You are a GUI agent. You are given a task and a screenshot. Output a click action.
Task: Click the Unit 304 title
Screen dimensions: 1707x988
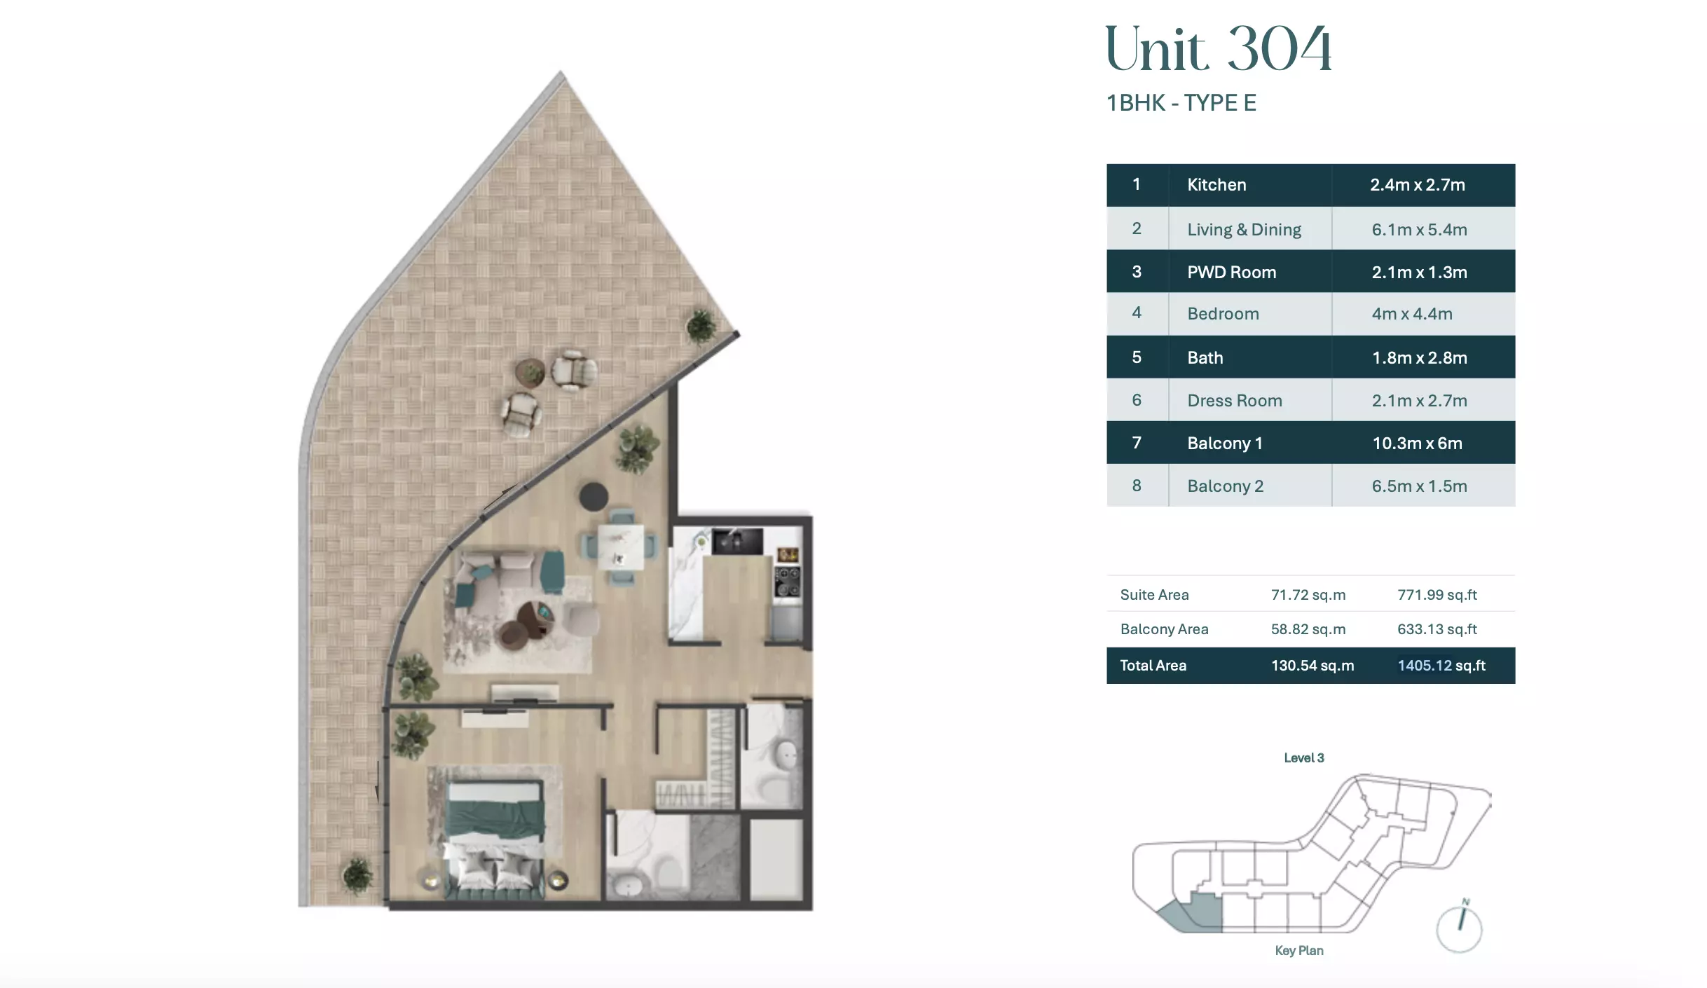click(x=1218, y=49)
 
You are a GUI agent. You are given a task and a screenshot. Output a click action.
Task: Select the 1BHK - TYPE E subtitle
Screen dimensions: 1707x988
click(x=1181, y=103)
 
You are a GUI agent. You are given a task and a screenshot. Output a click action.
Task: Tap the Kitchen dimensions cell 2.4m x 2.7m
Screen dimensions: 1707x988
click(x=1418, y=185)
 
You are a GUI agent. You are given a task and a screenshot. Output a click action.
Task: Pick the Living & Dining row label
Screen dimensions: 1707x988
click(x=1244, y=229)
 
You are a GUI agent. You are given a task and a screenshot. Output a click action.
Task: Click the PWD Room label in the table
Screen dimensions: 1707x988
click(x=1231, y=272)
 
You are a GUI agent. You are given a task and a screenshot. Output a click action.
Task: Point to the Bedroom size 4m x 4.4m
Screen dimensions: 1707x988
click(x=1412, y=314)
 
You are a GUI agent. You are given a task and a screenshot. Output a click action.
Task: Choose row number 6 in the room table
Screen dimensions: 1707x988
click(x=1137, y=400)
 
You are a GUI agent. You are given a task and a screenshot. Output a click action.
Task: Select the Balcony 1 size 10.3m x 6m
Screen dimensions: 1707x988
click(x=1417, y=443)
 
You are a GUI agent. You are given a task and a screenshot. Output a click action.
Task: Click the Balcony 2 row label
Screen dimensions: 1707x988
click(x=1225, y=486)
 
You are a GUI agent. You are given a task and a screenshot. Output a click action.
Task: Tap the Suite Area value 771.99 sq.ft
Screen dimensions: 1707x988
click(x=1437, y=595)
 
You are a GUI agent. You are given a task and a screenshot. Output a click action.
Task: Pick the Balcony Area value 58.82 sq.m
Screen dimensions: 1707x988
click(x=1308, y=629)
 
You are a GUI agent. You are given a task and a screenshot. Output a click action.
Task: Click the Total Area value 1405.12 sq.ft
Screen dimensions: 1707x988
click(x=1441, y=666)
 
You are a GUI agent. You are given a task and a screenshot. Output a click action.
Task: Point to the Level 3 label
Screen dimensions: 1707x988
click(x=1303, y=757)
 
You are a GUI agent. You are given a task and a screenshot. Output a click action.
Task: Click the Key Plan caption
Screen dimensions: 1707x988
click(x=1299, y=950)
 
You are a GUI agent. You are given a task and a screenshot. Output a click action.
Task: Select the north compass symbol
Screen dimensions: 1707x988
click(x=1460, y=926)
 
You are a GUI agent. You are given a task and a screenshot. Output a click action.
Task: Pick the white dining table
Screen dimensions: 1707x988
click(x=621, y=547)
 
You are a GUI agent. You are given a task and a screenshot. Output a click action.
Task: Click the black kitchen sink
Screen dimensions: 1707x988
click(x=737, y=541)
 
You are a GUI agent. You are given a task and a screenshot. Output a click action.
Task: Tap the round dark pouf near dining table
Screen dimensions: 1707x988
click(x=594, y=496)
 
